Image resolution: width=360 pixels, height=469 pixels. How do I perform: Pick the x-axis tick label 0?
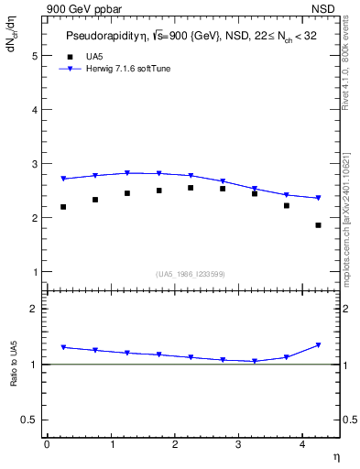47,444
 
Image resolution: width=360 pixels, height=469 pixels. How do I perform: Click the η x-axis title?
335,455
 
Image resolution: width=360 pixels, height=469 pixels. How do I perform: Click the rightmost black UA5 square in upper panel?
318,225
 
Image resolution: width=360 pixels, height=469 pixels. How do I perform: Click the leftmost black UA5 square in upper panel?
62,207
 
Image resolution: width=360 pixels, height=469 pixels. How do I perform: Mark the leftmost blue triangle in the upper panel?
62,179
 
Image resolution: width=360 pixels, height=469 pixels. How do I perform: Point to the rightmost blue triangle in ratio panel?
318,344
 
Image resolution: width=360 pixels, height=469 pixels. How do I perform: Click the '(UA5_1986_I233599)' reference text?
190,274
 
